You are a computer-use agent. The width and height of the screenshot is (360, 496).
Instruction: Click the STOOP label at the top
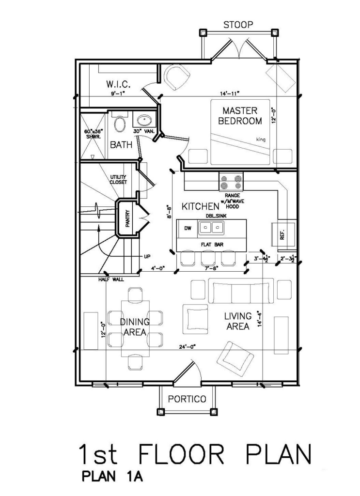(238, 25)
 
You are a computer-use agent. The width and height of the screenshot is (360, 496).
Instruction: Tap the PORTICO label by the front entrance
(187, 399)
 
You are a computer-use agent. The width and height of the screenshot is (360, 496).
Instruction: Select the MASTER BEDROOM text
(240, 116)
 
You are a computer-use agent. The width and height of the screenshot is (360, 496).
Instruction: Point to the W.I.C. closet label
(118, 84)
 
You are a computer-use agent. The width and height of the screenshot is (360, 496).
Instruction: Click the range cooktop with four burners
(231, 182)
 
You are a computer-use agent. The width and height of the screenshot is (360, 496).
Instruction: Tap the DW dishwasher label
(188, 228)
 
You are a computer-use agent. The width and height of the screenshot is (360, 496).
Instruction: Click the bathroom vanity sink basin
(145, 120)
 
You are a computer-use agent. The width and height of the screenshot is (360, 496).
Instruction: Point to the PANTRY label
(128, 219)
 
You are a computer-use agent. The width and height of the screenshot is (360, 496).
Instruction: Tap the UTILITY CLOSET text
(118, 179)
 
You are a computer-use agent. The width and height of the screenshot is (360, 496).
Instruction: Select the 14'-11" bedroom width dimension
(230, 93)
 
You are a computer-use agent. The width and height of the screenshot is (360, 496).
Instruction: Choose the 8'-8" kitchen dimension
(170, 212)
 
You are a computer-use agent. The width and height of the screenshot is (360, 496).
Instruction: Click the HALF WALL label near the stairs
(111, 279)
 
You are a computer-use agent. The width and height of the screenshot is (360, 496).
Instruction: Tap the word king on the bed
(261, 139)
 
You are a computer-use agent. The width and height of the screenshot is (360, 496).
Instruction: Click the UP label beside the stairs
(147, 256)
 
